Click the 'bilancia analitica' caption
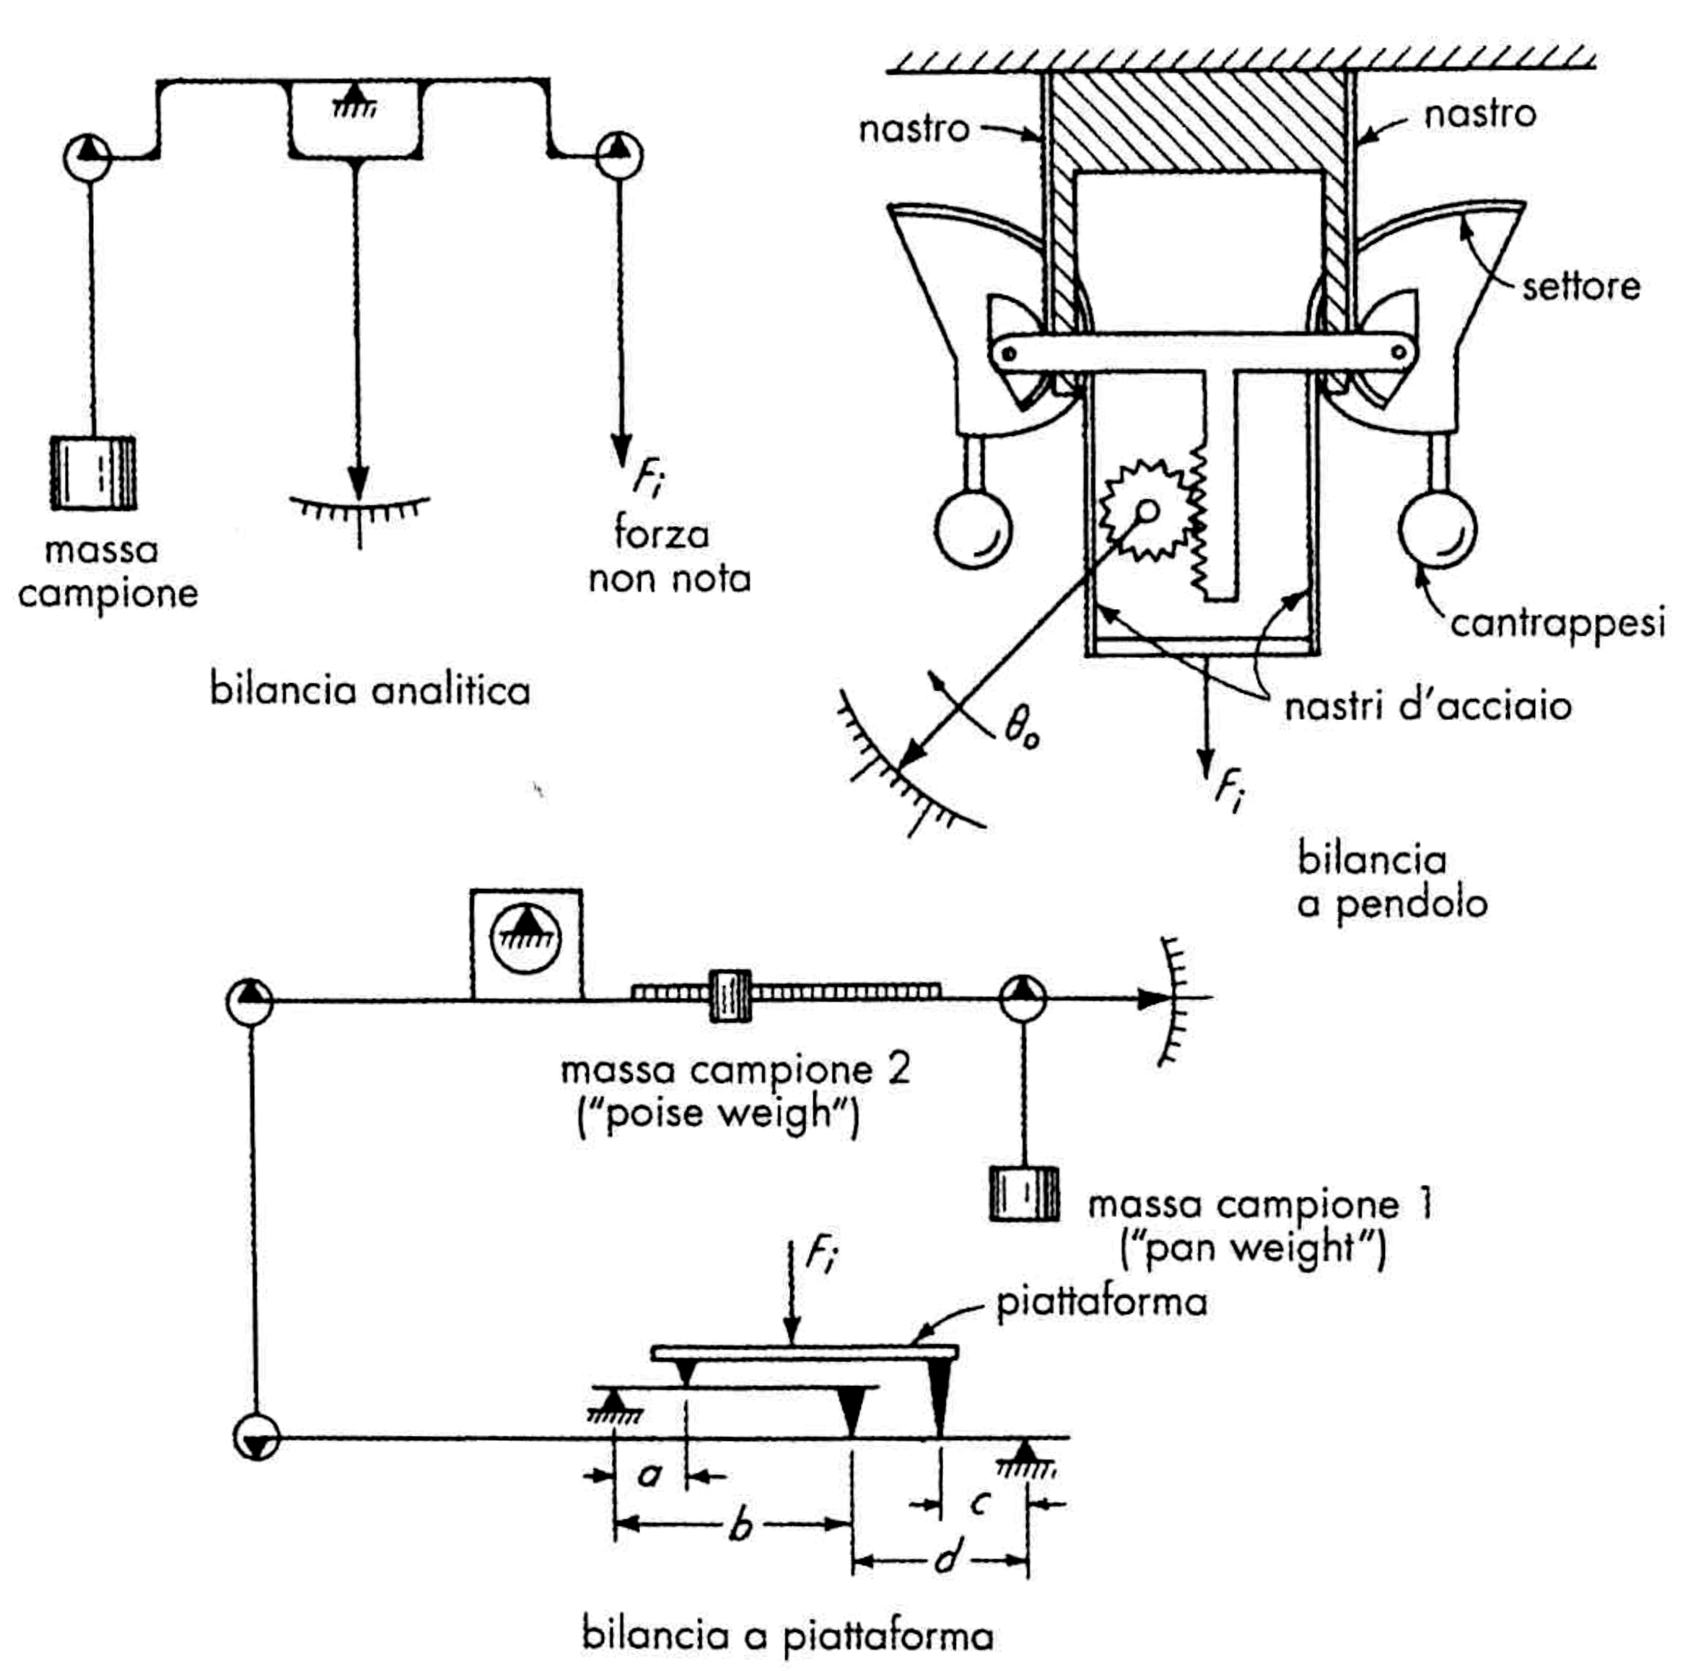[369, 690]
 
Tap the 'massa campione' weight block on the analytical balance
[93, 473]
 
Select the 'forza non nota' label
[670, 556]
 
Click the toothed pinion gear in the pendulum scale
[1146, 511]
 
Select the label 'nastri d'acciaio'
[1427, 706]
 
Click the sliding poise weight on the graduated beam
[729, 996]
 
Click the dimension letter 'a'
[649, 1475]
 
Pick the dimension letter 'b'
[741, 1527]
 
